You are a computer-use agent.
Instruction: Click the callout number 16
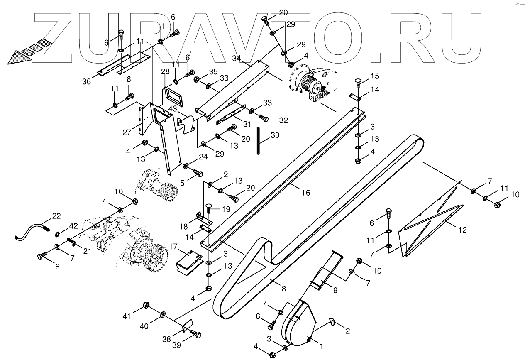(x=306, y=193)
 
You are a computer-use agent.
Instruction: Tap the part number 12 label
(x=462, y=230)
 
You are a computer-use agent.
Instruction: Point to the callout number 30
(x=275, y=135)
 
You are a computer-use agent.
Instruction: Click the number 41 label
(x=126, y=316)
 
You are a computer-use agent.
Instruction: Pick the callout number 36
(x=86, y=82)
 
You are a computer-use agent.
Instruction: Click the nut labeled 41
(x=146, y=306)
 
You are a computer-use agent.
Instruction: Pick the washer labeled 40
(x=162, y=313)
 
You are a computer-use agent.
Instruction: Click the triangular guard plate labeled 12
(x=430, y=222)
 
